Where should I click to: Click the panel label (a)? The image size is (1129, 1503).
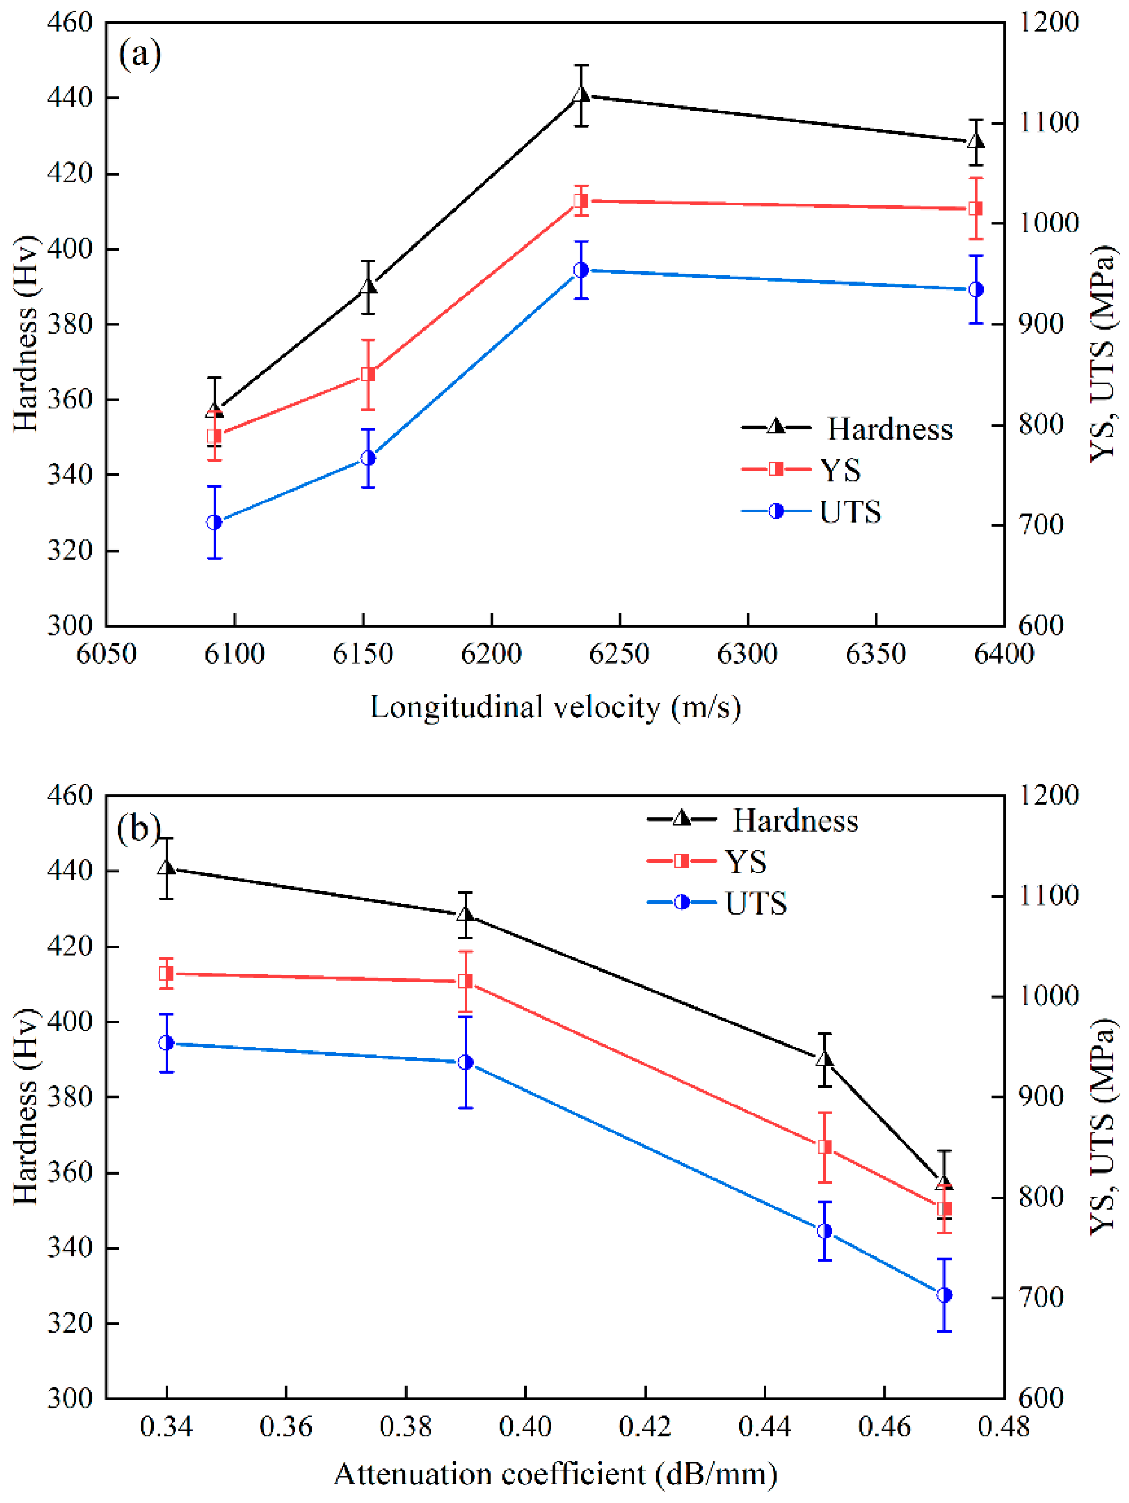140,55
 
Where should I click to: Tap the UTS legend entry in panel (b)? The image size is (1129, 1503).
755,903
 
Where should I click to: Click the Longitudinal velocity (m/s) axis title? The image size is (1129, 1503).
555,707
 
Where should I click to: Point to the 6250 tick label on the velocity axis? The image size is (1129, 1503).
619,654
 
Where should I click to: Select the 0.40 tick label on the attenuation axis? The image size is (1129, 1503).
525,1426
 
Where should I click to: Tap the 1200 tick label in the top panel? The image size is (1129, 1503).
1049,22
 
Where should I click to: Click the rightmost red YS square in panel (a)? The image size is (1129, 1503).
975,209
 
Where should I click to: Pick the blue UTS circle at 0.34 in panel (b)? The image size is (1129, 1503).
167,1043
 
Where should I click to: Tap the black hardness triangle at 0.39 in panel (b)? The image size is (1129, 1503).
466,915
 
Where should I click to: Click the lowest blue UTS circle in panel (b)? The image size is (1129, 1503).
944,1295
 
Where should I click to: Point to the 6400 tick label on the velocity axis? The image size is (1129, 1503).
1003,654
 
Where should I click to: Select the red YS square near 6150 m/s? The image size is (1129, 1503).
368,374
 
